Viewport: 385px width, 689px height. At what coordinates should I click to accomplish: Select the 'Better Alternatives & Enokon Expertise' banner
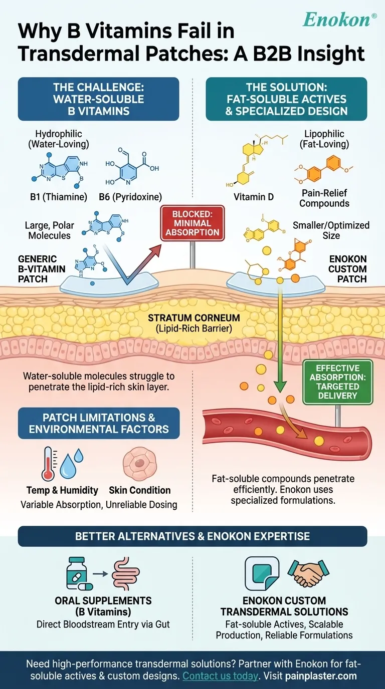[x=192, y=536]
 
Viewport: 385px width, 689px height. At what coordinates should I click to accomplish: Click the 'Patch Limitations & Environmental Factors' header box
[x=98, y=423]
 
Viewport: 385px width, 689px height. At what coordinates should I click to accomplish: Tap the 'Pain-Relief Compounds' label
[x=324, y=198]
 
